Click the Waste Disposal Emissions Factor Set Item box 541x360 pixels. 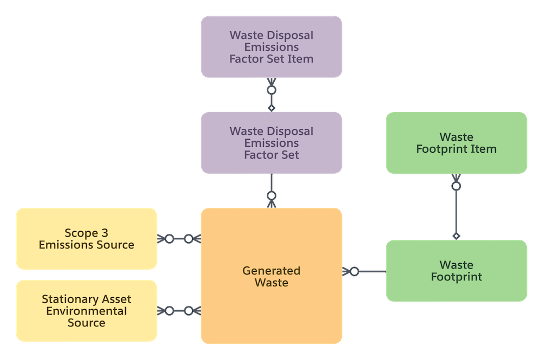[271, 47]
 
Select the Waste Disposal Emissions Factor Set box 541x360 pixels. [271, 143]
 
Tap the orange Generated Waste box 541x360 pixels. [271, 276]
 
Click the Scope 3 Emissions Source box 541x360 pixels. [87, 239]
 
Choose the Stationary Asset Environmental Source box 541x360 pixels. [87, 311]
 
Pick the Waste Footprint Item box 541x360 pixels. [456, 143]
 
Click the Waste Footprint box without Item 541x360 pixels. [456, 271]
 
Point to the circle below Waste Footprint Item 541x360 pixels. [456, 186]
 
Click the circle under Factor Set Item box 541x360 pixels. [272, 89]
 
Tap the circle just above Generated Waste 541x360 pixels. [272, 195]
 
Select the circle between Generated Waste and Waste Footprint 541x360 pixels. [354, 271]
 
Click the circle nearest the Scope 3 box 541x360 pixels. [169, 239]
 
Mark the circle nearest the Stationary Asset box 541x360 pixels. [169, 311]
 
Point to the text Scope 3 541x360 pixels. [87, 233]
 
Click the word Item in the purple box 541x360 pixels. [301, 59]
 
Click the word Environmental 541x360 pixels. [87, 311]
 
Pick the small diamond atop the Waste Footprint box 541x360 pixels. [456, 236]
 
